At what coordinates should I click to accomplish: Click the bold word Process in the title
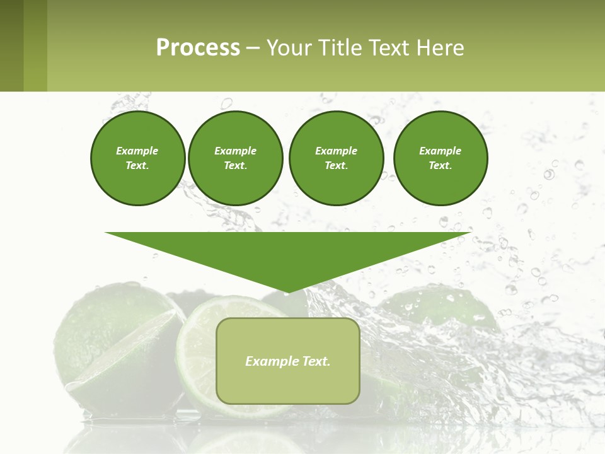[198, 48]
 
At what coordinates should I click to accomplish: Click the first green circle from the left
[137, 158]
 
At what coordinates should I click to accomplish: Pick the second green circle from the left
[236, 158]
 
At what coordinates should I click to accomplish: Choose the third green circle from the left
[337, 158]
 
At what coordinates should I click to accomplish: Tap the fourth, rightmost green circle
[441, 158]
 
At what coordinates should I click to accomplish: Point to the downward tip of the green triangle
[288, 291]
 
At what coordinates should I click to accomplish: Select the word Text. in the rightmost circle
[440, 166]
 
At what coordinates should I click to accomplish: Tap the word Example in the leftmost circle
[137, 151]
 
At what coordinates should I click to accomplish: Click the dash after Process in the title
[253, 48]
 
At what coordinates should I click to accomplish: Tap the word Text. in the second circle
[236, 166]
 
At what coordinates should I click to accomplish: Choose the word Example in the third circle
[337, 151]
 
